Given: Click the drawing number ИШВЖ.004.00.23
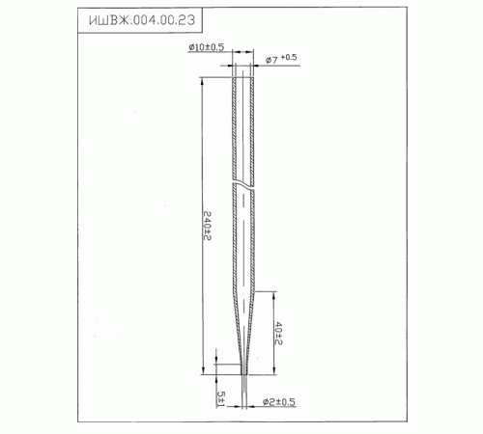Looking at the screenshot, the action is pyautogui.click(x=142, y=20).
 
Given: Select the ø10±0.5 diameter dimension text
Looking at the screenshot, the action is pyautogui.click(x=207, y=47).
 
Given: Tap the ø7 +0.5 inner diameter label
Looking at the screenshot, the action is pyautogui.click(x=281, y=59).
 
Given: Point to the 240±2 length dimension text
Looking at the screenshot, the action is pyautogui.click(x=207, y=226).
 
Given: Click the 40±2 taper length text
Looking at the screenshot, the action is pyautogui.click(x=278, y=334).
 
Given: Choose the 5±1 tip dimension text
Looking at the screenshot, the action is pyautogui.click(x=221, y=398).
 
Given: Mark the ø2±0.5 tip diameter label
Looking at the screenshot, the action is pyautogui.click(x=279, y=402).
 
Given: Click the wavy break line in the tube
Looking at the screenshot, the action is pyautogui.click(x=243, y=183).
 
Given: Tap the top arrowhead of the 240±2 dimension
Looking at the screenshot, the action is pyautogui.click(x=202, y=81).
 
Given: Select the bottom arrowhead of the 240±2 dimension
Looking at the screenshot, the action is pyautogui.click(x=203, y=370).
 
